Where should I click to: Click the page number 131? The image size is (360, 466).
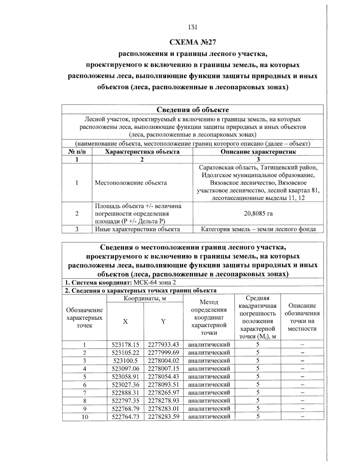tap(192, 27)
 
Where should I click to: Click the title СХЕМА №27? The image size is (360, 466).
tap(193, 42)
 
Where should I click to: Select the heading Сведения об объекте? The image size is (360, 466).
tap(193, 110)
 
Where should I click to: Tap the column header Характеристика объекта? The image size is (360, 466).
tap(142, 152)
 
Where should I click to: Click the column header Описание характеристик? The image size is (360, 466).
tap(258, 152)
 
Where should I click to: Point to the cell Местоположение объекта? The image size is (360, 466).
tap(131, 183)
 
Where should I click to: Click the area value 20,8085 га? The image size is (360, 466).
tap(258, 214)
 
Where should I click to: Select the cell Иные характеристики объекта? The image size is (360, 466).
tap(137, 229)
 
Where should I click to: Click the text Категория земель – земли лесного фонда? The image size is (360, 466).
tap(258, 229)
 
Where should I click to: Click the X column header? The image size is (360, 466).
tap(125, 321)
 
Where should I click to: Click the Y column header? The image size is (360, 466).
tap(163, 321)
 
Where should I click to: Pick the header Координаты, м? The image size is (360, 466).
tap(145, 298)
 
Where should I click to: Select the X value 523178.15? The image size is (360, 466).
tap(125, 344)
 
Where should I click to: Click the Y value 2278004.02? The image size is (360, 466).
tap(163, 360)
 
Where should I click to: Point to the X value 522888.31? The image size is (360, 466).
tap(125, 392)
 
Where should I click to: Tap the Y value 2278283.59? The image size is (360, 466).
tap(163, 416)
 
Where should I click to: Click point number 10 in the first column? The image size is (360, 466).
tap(85, 416)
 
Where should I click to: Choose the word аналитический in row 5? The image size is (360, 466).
tap(209, 377)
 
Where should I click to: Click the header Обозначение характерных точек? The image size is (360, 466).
tap(85, 318)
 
